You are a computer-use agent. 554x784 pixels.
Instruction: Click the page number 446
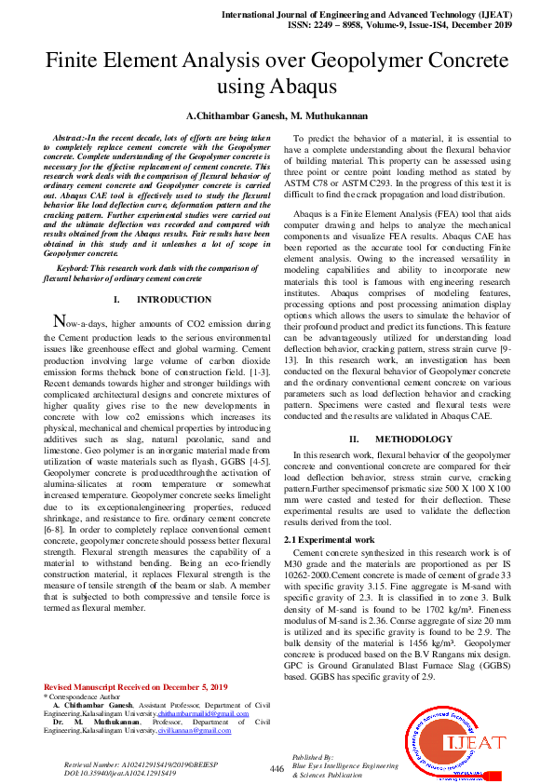[277, 769]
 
